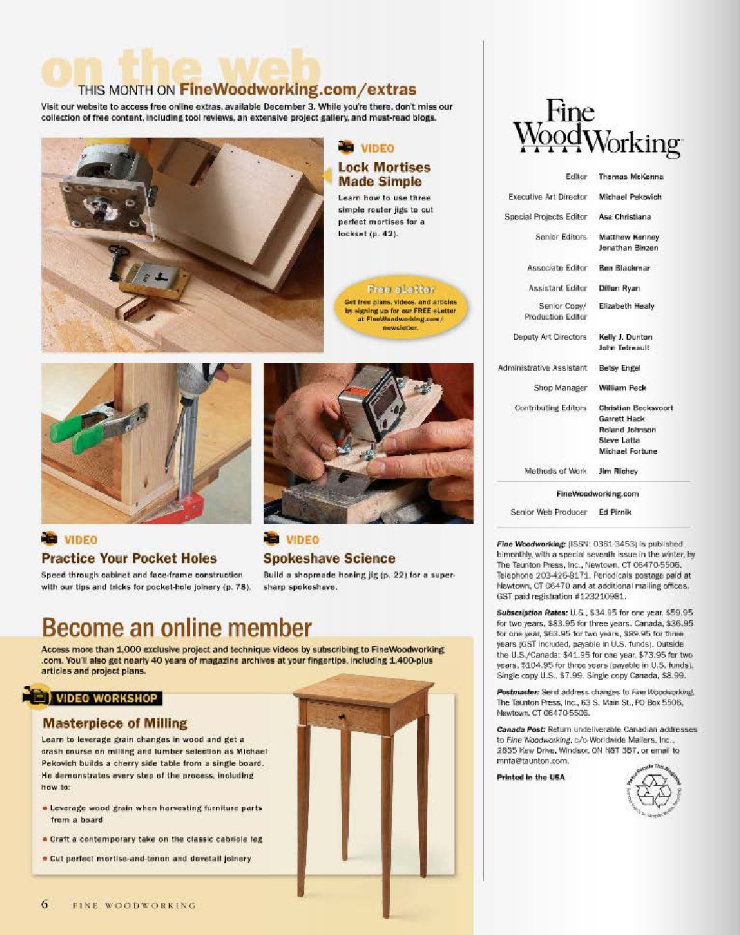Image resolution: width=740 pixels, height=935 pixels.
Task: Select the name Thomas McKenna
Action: pos(631,177)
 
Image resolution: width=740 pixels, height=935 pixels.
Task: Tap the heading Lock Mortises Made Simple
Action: pos(384,174)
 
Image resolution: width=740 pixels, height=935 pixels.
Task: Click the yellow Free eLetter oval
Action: pos(400,307)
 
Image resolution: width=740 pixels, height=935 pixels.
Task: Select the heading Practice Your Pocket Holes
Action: pos(129,559)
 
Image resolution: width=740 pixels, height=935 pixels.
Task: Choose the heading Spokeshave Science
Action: pos(329,559)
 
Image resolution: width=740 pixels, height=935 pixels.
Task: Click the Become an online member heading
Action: pos(177,627)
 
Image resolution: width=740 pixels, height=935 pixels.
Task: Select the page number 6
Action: pos(45,905)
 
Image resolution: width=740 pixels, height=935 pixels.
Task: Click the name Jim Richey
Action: pos(618,472)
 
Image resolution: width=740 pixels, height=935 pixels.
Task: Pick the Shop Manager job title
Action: pos(560,388)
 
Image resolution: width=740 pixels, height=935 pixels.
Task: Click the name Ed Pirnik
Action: pos(615,512)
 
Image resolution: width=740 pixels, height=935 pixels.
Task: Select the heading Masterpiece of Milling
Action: pos(115,723)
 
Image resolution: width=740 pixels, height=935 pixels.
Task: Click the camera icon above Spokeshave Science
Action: pos(271,538)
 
